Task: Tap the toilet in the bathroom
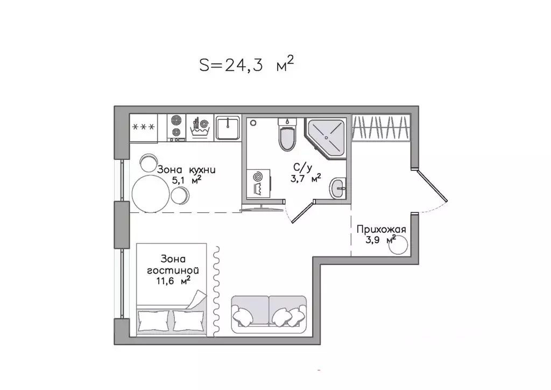point(287,135)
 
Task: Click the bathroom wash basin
point(338,189)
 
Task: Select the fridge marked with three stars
point(144,128)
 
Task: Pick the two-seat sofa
point(269,314)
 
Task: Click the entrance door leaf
point(433,185)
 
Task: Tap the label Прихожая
point(381,230)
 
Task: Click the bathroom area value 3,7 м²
point(306,179)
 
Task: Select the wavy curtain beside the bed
point(217,291)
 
